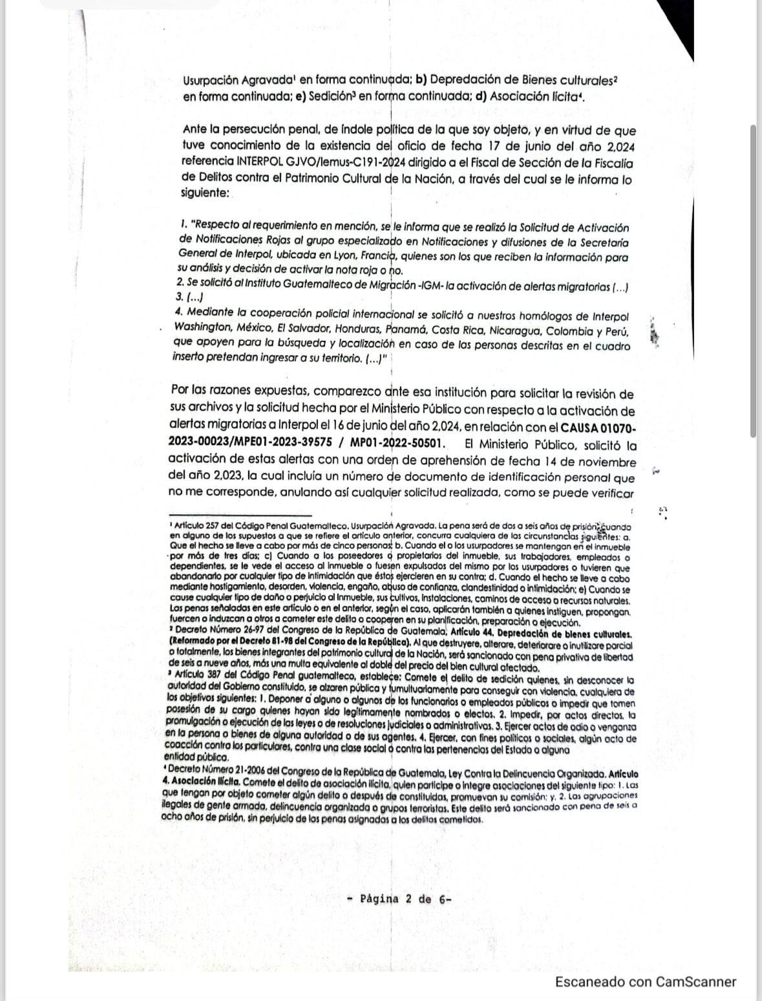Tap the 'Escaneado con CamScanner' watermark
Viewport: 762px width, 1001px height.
(646, 982)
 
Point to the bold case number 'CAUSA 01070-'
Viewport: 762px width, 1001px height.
(598, 427)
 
